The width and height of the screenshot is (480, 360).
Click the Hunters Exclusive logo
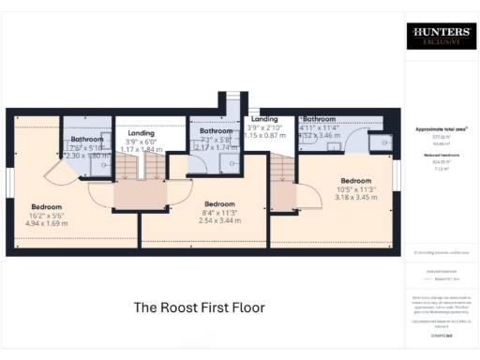click(439, 37)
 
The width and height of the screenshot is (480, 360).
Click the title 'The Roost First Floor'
click(200, 307)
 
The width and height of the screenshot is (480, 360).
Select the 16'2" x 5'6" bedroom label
click(46, 206)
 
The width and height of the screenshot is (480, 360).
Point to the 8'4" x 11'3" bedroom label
click(220, 203)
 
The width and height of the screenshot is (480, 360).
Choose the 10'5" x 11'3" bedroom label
click(355, 180)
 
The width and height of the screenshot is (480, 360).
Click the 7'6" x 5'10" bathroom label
click(86, 140)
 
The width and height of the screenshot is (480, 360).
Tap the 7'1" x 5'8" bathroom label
click(216, 131)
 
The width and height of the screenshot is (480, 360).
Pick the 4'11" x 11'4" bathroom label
click(320, 120)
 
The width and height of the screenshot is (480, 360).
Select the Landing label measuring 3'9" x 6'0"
click(141, 134)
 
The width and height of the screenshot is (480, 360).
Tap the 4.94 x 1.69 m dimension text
click(47, 224)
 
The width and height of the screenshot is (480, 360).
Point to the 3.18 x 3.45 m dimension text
click(355, 198)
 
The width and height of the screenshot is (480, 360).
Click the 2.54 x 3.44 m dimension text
click(220, 220)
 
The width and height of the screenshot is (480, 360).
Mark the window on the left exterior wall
click(8, 184)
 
